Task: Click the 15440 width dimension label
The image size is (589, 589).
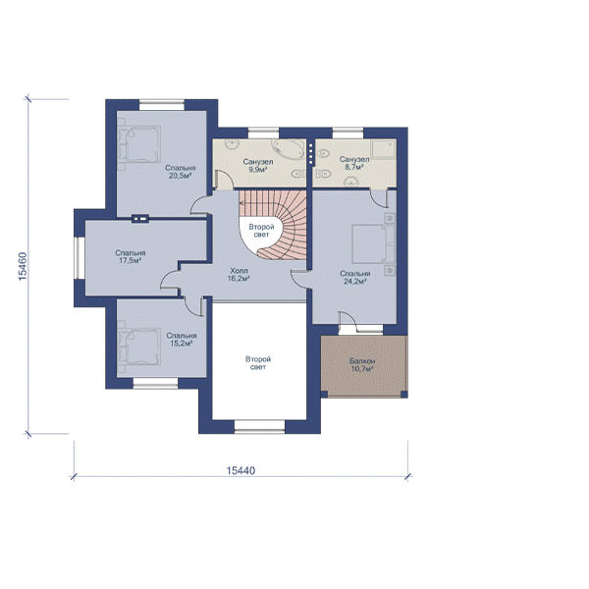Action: click(x=241, y=470)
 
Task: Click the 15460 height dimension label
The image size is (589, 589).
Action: click(x=23, y=266)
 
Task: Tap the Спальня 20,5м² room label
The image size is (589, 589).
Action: click(x=181, y=172)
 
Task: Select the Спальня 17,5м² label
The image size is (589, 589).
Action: click(x=131, y=256)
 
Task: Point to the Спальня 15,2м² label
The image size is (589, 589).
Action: click(x=182, y=340)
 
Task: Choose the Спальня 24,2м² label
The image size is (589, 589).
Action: click(x=355, y=277)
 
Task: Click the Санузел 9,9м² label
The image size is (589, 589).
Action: click(x=258, y=165)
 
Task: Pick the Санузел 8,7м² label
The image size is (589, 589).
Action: click(x=354, y=163)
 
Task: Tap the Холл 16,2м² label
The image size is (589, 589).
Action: click(x=239, y=274)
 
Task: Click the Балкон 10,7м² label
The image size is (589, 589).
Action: click(x=362, y=365)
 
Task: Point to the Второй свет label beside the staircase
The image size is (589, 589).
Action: click(x=261, y=231)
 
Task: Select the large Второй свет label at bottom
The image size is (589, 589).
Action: click(x=258, y=363)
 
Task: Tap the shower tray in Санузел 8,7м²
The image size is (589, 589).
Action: click(x=384, y=149)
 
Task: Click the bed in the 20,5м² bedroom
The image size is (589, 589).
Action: click(x=139, y=144)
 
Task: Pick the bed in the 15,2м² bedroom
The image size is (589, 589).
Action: click(x=139, y=347)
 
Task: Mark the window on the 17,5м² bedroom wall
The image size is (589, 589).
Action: click(x=80, y=258)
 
